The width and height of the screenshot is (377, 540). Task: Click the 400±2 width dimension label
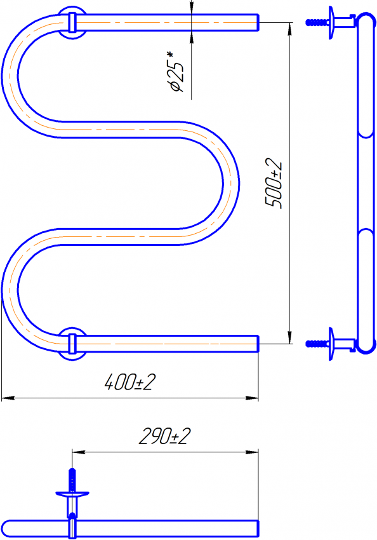[x=130, y=382]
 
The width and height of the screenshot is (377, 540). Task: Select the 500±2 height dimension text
[x=274, y=184]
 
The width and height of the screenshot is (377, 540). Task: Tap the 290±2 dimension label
[x=164, y=436]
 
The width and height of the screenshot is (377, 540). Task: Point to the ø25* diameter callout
[x=176, y=72]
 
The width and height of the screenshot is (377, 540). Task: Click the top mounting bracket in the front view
[x=72, y=23]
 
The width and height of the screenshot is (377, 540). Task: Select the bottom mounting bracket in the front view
[x=72, y=344]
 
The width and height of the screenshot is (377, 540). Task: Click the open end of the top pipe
[x=258, y=23]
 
